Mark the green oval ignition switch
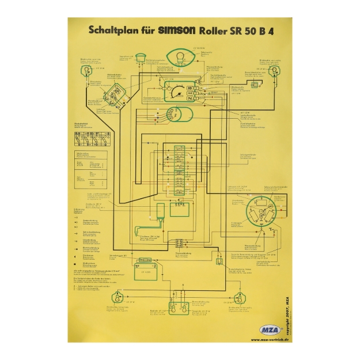click(179, 114)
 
